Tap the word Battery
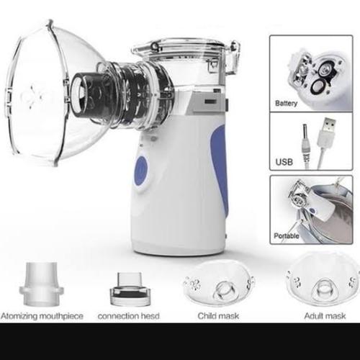click(x=287, y=104)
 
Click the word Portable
click(x=287, y=235)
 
